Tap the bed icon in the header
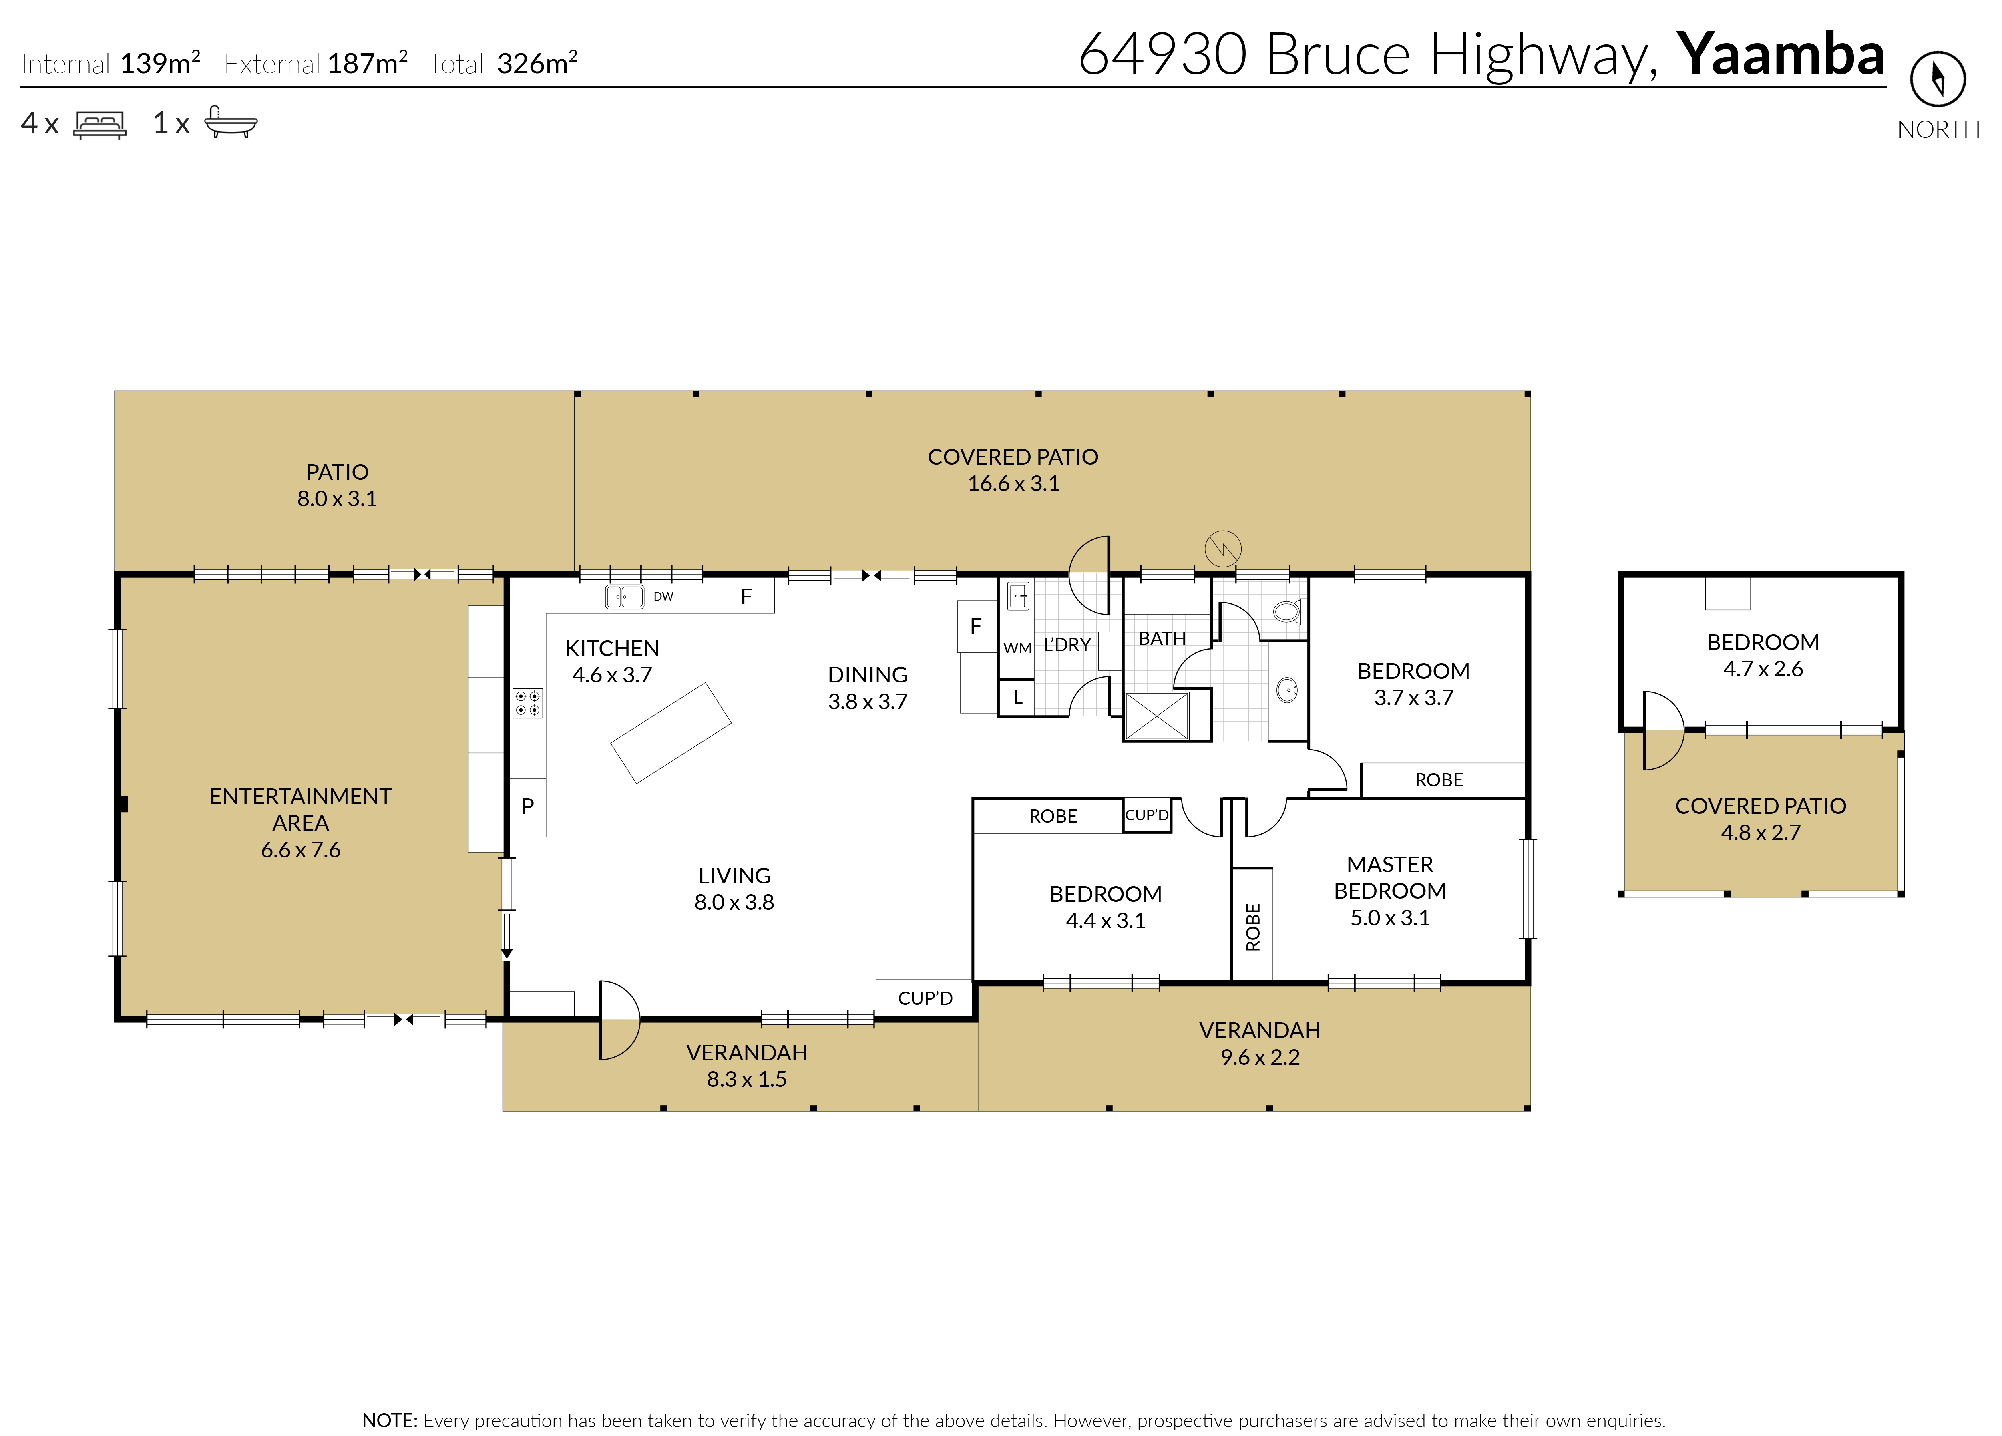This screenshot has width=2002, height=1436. click(x=100, y=125)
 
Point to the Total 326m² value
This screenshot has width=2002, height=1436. click(x=537, y=64)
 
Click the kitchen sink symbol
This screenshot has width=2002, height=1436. click(x=624, y=597)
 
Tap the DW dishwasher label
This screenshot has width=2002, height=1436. click(x=663, y=597)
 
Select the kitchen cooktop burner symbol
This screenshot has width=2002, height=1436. click(x=528, y=702)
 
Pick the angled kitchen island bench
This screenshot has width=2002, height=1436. click(x=671, y=732)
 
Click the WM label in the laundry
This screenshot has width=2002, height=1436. click(x=1017, y=648)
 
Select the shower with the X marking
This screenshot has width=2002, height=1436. click(x=1156, y=715)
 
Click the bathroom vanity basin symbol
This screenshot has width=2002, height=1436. click(x=1287, y=689)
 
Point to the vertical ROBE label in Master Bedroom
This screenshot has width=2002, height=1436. click(x=1252, y=927)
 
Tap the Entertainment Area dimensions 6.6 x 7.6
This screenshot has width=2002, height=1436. click(x=300, y=850)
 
